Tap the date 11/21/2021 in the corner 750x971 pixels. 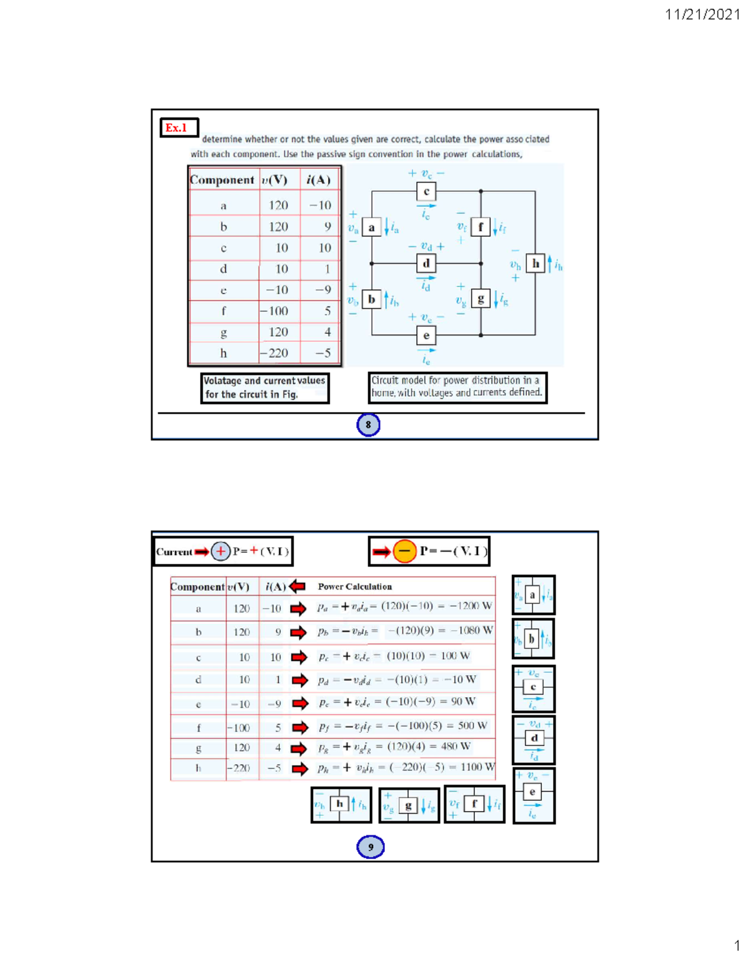[702, 14]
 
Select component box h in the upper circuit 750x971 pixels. [535, 264]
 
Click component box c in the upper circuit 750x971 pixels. [426, 191]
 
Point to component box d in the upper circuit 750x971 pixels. [426, 263]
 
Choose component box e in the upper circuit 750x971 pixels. [426, 336]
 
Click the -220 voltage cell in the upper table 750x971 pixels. [279, 353]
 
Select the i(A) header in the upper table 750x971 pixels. [318, 180]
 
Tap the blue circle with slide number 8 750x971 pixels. [368, 425]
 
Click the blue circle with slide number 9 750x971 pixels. [370, 847]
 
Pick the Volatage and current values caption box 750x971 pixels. [264, 388]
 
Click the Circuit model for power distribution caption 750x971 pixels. [457, 387]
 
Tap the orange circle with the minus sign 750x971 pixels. [404, 551]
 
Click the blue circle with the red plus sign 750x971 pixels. [221, 551]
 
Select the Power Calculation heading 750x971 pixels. [354, 586]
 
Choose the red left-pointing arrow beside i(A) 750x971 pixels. [297, 586]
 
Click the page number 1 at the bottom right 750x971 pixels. [737, 945]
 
